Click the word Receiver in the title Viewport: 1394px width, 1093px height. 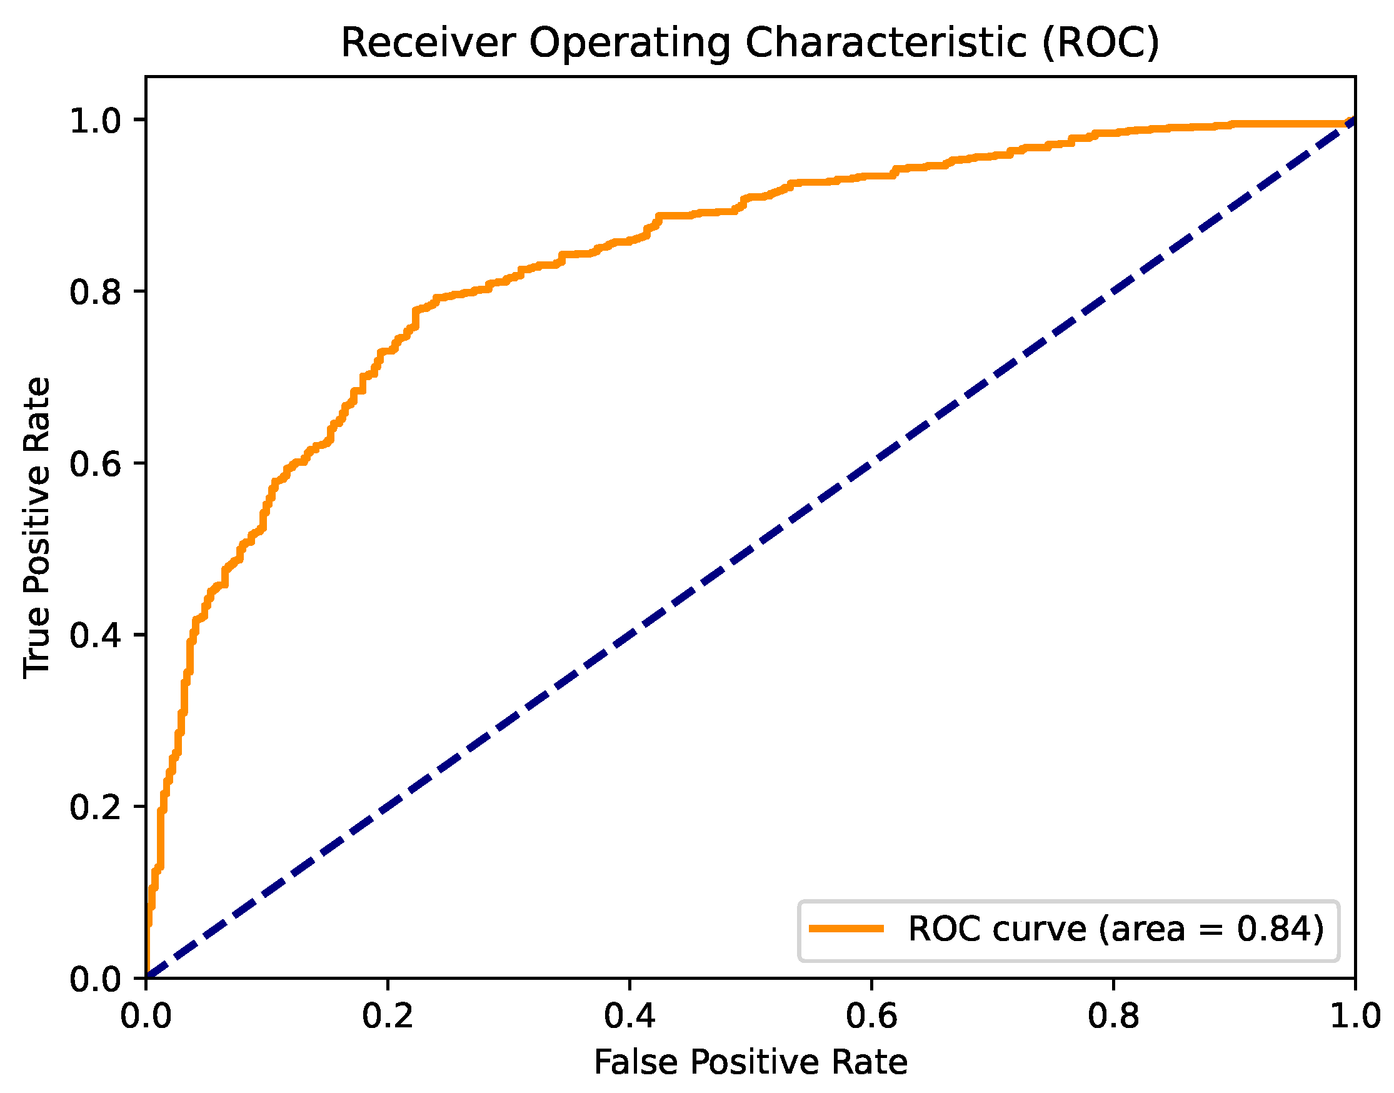(428, 44)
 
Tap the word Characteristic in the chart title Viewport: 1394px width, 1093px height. (885, 44)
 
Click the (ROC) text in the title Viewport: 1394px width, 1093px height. (1100, 44)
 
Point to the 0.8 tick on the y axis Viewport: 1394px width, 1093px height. (94, 293)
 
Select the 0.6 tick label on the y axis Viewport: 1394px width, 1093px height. (94, 465)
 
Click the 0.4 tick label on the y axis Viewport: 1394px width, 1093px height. (94, 636)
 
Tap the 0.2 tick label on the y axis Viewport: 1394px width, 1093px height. (94, 808)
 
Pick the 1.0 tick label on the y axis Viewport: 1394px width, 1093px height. (94, 121)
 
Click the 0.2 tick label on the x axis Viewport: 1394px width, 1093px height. (388, 1016)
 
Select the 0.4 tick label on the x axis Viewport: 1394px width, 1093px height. (629, 1016)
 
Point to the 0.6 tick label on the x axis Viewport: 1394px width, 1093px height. (871, 1016)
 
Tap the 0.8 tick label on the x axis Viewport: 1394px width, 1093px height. (1113, 1016)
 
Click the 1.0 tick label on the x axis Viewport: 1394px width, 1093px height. (1355, 1016)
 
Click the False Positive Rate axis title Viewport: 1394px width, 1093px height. (750, 1063)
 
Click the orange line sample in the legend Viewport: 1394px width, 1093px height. (846, 929)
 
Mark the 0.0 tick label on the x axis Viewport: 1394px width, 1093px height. (146, 1016)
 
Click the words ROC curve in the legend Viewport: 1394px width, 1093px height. (996, 929)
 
